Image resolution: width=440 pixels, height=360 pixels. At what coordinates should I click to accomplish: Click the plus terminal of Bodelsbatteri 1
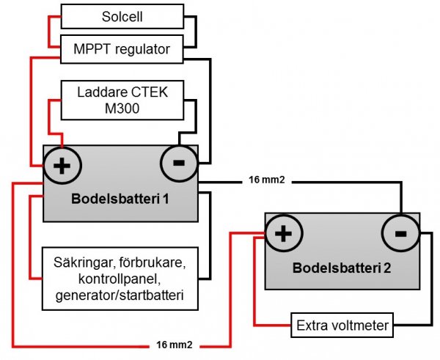coord(63,165)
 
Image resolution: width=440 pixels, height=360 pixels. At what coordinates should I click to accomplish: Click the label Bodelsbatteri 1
coord(120,199)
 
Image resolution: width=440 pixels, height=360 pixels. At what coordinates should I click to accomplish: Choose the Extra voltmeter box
coord(342,323)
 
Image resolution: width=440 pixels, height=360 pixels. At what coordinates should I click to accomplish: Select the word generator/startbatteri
coord(120,296)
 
